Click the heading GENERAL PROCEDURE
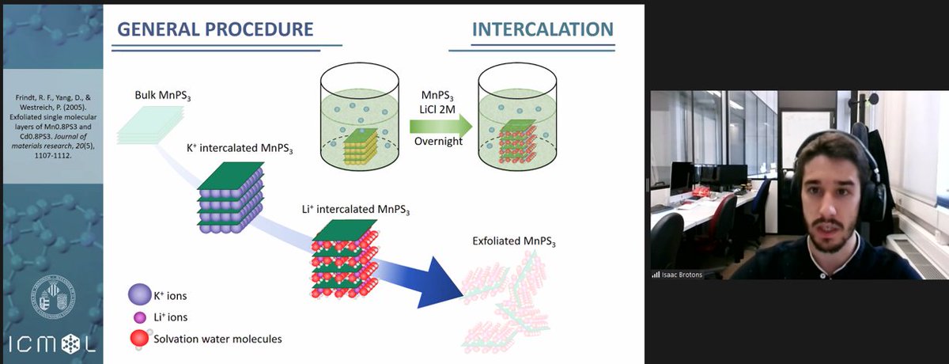pyautogui.click(x=215, y=29)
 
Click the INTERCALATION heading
pyautogui.click(x=542, y=30)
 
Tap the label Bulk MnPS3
pyautogui.click(x=162, y=97)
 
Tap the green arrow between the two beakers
pyautogui.click(x=440, y=125)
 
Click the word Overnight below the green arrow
pyautogui.click(x=438, y=142)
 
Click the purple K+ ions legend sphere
pyautogui.click(x=139, y=296)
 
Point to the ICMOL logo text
pyautogui.click(x=51, y=346)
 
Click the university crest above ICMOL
pyautogui.click(x=51, y=298)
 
